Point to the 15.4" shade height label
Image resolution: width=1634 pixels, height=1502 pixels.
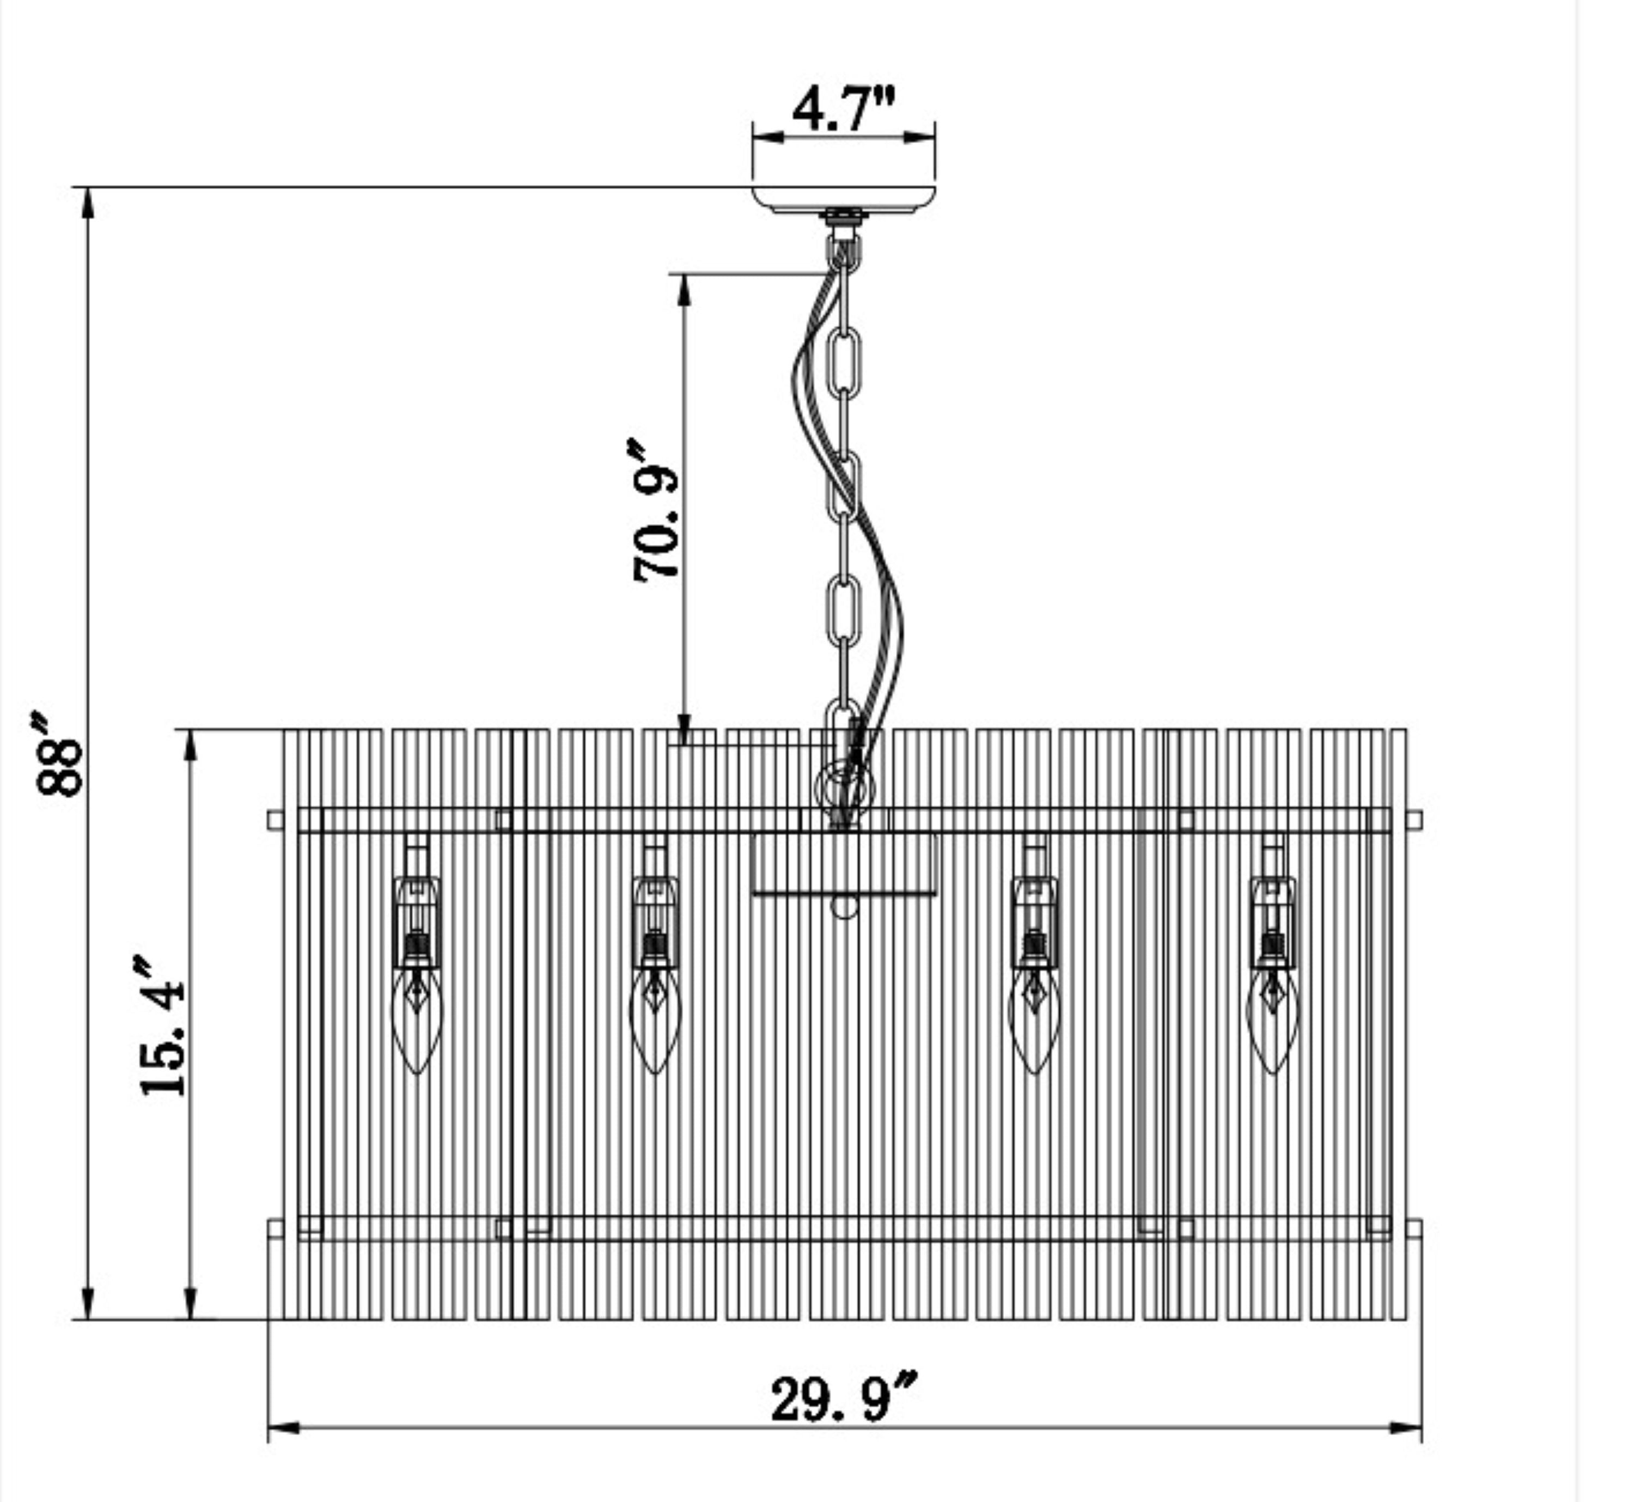[x=161, y=1027]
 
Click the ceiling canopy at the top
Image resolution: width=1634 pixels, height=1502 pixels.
[x=844, y=200]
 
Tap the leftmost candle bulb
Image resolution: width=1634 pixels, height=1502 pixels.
[x=416, y=1019]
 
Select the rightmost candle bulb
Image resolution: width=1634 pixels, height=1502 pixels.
[x=1272, y=1019]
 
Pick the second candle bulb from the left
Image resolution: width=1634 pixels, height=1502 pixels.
[x=655, y=1019]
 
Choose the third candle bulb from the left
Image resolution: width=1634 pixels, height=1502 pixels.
[x=1034, y=1019]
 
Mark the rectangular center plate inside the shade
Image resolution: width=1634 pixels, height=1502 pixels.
[x=844, y=864]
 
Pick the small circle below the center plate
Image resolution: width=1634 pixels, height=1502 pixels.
[x=845, y=906]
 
